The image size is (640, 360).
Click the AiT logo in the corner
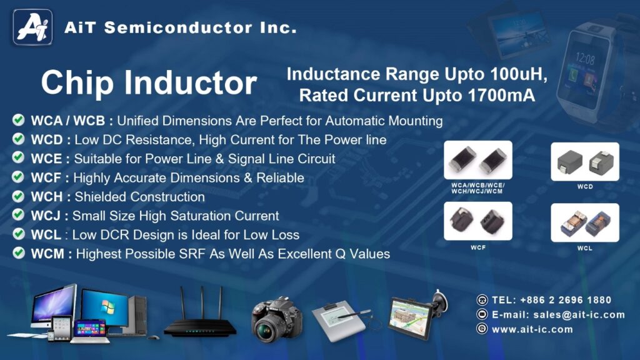32,27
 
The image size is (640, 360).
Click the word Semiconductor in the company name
178,27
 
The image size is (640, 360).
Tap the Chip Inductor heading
149,83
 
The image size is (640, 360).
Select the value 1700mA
501,96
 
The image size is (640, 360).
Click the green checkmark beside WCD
18,139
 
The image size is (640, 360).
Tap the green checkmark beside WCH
18,196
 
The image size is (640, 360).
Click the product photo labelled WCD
585,162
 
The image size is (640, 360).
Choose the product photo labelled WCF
478,221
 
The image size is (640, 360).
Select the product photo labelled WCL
585,222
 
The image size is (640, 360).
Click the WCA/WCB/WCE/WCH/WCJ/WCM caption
477,188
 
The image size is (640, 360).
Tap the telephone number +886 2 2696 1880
566,300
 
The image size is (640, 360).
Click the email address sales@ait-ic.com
579,315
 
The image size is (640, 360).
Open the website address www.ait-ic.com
532,329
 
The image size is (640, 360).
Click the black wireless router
200,314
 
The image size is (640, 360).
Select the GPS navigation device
417,314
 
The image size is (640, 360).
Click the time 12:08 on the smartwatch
584,59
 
